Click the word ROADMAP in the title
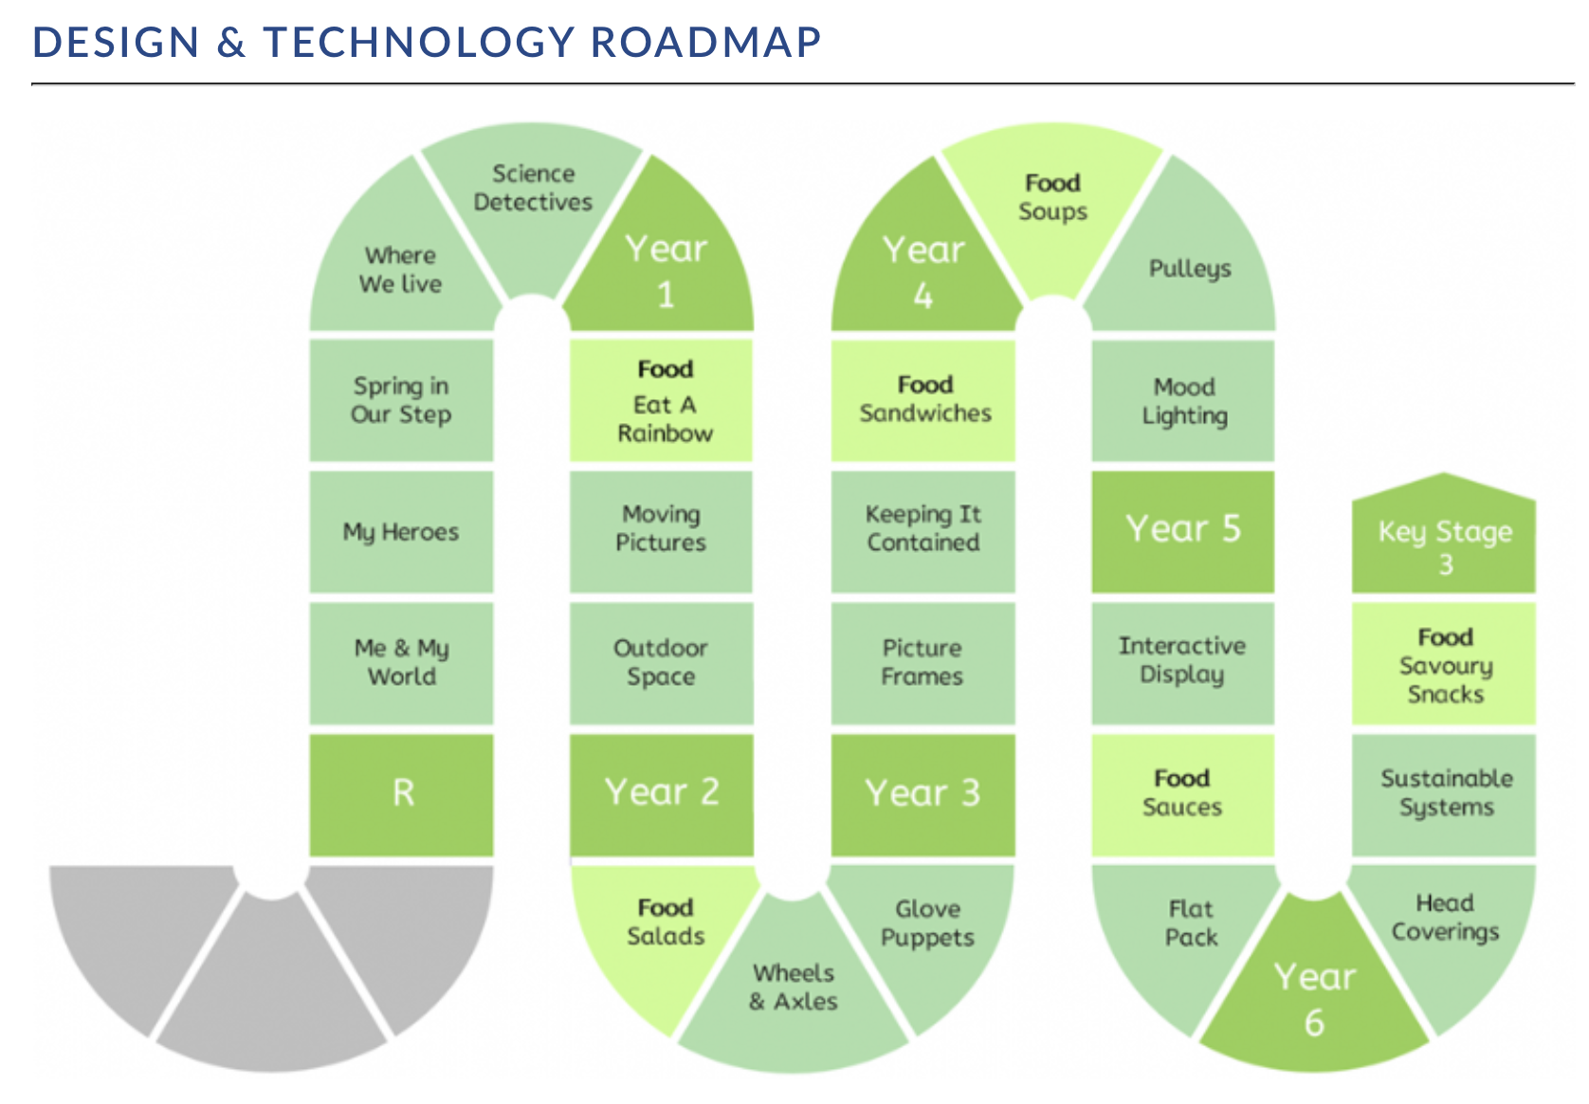705,42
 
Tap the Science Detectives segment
533,206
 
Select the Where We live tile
401,263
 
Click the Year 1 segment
664,263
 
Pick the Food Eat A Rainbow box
661,400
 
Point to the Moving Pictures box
661,531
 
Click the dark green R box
401,795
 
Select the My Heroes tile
401,531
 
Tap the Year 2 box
661,795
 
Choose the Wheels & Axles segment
794,993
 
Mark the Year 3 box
922,795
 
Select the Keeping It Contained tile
922,531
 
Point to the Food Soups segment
1052,206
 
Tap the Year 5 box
1182,531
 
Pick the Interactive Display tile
1182,663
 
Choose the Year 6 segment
1314,993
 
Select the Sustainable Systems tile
1444,795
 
